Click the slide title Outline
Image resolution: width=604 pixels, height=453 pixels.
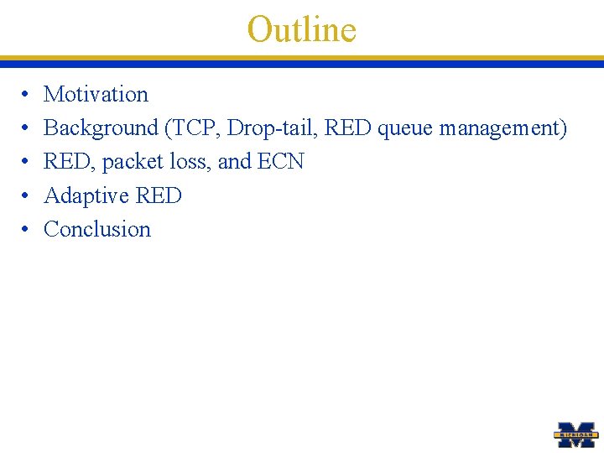coord(302,29)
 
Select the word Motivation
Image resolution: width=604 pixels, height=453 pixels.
coord(96,95)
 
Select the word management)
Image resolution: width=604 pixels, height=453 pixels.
coord(503,128)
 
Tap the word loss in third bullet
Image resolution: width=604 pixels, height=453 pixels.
coord(190,162)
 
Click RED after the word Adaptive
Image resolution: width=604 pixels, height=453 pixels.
coord(159,195)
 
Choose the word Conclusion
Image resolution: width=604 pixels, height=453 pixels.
coord(97,229)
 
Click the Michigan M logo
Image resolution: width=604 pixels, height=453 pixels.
coord(576,433)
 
